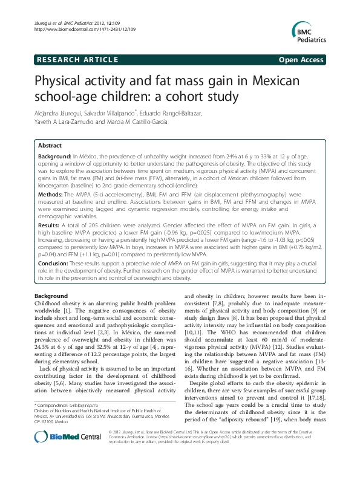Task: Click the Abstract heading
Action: (50, 146)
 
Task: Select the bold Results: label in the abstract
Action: (51, 225)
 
